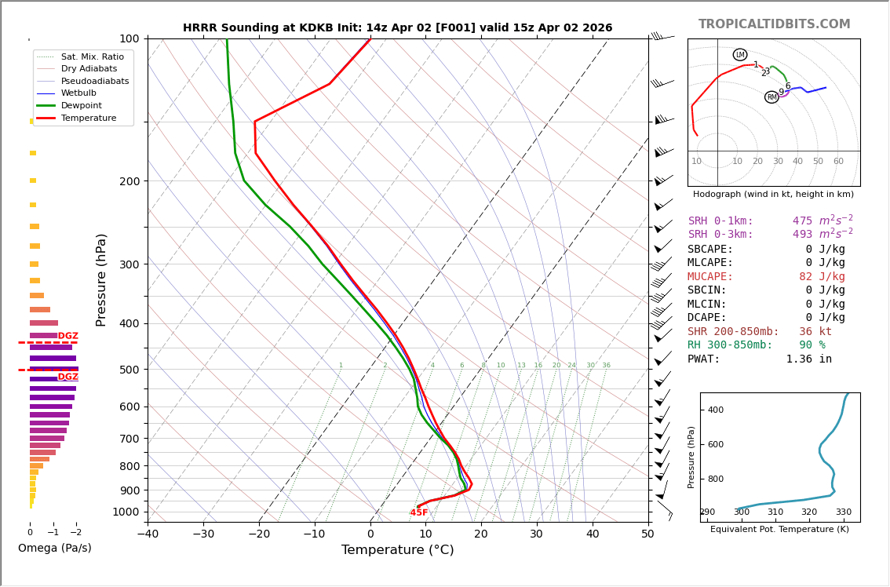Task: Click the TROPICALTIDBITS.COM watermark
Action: click(x=774, y=24)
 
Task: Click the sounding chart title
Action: click(x=397, y=27)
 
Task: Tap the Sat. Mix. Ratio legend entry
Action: click(x=92, y=57)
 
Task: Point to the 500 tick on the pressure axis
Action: click(x=129, y=370)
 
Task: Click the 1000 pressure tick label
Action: click(x=126, y=512)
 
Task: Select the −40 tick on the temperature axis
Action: click(x=148, y=534)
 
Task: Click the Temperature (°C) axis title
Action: click(x=397, y=550)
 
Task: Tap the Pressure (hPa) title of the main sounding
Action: click(x=101, y=279)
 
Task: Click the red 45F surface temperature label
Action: click(x=419, y=512)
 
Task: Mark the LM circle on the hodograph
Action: click(x=740, y=55)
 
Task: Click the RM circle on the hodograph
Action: click(x=771, y=97)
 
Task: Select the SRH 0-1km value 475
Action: click(x=802, y=221)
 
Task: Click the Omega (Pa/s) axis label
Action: click(x=54, y=548)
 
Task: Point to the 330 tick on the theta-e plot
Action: click(x=843, y=512)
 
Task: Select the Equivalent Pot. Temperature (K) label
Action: click(x=779, y=529)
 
